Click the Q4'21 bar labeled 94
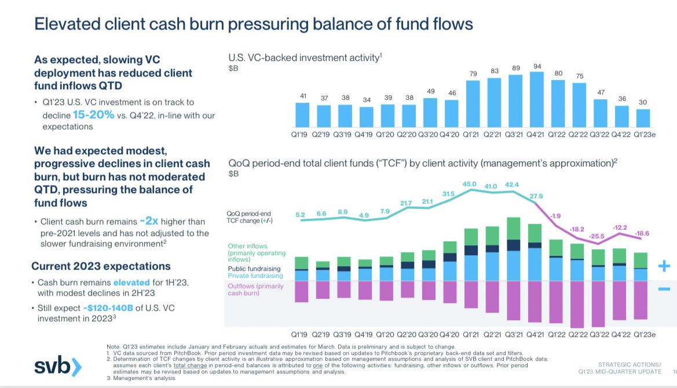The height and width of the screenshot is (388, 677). [x=537, y=99]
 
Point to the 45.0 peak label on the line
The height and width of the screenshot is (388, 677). [x=471, y=185]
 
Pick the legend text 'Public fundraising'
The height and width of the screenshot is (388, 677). [x=254, y=269]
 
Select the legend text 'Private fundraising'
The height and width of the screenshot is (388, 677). [x=254, y=276]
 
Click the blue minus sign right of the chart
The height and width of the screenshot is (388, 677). [x=664, y=289]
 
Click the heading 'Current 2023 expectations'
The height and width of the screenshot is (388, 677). [x=101, y=266]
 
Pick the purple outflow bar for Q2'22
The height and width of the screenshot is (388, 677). [x=577, y=304]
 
